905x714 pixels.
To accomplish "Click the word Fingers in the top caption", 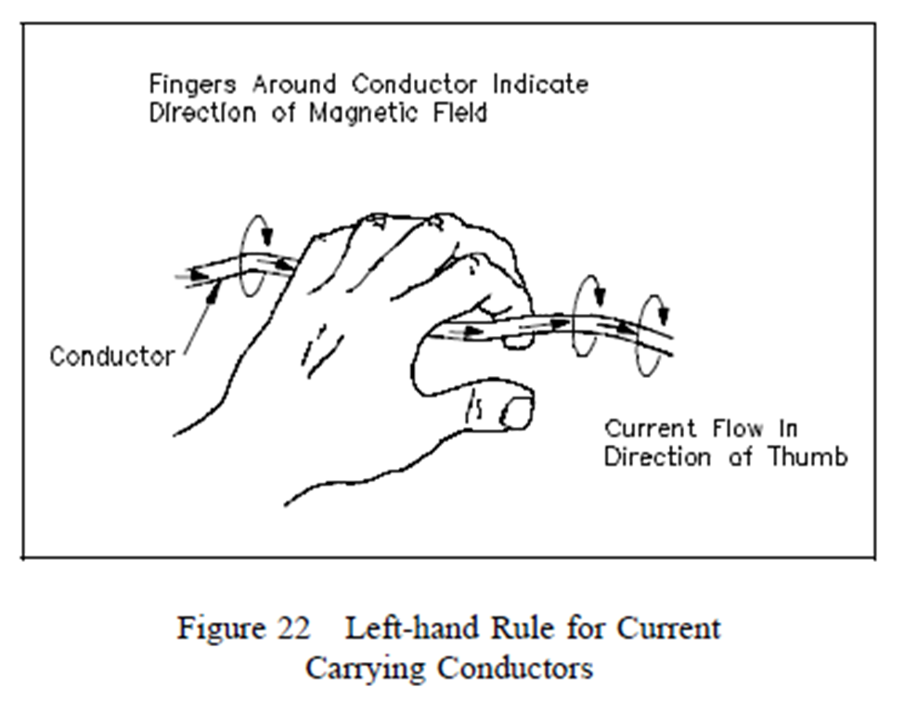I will pyautogui.click(x=189, y=84).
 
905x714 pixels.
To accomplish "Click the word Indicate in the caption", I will pyautogui.click(x=540, y=84).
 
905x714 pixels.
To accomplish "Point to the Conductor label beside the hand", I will pyautogui.click(x=111, y=356).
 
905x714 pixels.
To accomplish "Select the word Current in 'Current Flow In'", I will pyautogui.click(x=650, y=429).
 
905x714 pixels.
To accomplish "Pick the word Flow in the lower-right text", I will pyautogui.click(x=739, y=429).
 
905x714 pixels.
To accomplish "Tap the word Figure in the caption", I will pyautogui.click(x=220, y=629).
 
